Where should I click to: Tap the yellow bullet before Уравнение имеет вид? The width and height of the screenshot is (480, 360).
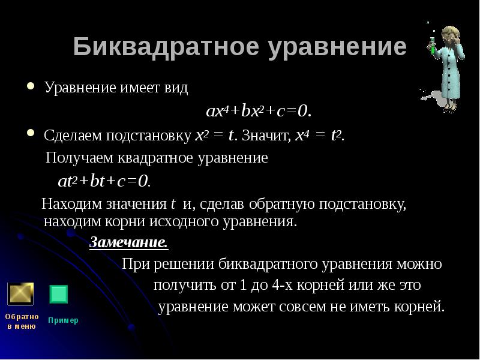point(31,86)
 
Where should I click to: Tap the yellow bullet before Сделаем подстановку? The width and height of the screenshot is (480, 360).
point(31,133)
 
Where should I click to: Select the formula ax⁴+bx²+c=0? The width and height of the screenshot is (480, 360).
point(259,111)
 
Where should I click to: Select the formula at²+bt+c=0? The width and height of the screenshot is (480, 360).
point(104,181)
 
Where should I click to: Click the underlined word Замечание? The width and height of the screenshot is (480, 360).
point(128,243)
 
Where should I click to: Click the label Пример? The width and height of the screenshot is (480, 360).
point(63,320)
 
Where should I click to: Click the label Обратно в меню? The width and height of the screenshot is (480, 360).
point(22,322)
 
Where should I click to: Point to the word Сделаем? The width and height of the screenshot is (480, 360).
point(73,136)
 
